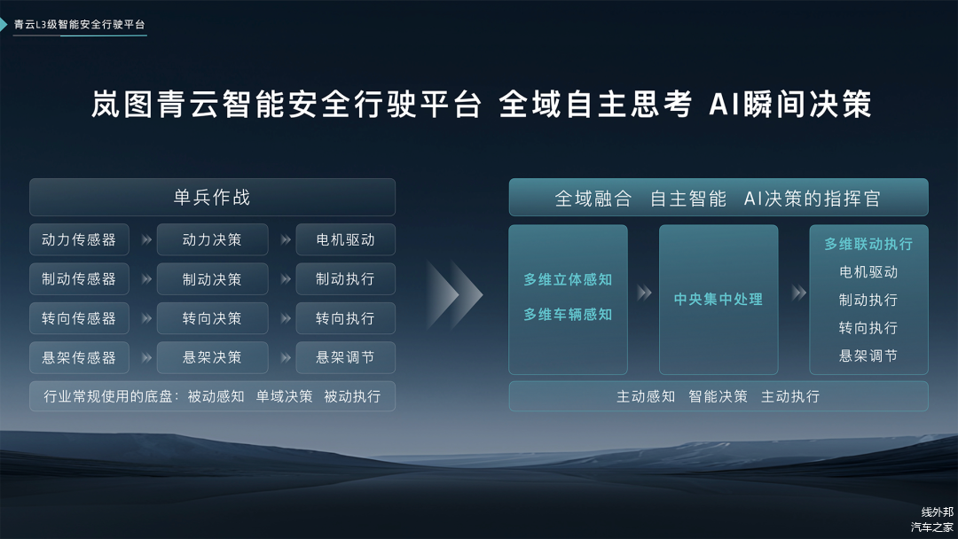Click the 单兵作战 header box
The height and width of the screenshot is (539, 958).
(212, 197)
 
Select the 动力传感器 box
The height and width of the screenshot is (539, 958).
(79, 240)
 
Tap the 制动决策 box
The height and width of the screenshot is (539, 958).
(212, 279)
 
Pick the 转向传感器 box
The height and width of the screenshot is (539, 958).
(79, 318)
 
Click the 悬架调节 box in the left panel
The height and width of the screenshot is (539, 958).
(345, 357)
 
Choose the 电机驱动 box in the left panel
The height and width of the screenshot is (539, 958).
(345, 240)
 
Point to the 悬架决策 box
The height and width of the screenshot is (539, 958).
(212, 357)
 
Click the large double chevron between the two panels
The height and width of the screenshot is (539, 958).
(454, 295)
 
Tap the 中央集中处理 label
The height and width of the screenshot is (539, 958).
(718, 299)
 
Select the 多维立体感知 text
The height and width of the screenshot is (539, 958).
(568, 279)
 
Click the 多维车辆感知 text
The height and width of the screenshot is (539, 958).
(568, 315)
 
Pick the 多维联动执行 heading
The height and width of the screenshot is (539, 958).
(868, 244)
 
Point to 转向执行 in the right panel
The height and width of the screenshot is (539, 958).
(868, 328)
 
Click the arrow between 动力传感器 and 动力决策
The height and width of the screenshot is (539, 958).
(146, 240)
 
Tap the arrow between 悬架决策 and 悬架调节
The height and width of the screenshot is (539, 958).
(286, 357)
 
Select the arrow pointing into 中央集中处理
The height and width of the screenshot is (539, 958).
(644, 293)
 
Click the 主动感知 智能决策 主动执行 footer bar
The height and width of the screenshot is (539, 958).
(718, 396)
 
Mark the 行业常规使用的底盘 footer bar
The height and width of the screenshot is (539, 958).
(212, 396)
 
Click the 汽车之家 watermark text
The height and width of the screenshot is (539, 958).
(931, 527)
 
